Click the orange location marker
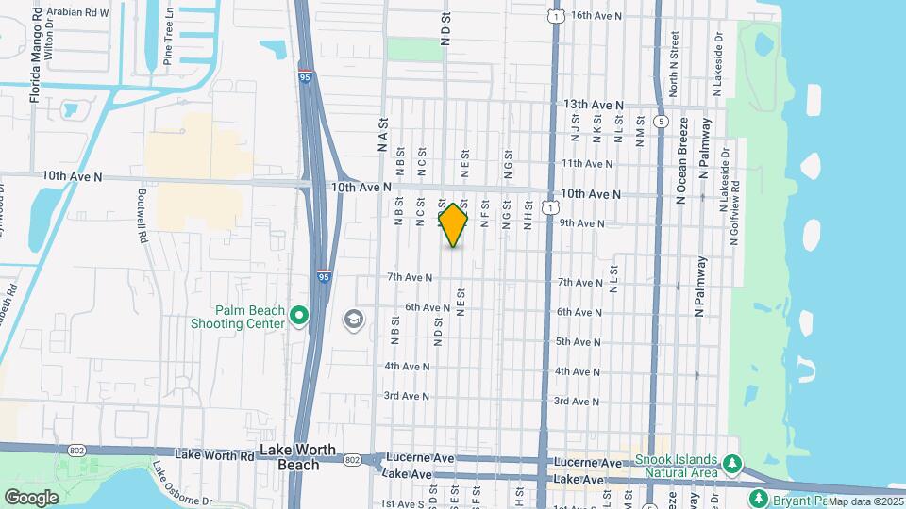click(453, 225)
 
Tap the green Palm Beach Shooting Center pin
click(299, 315)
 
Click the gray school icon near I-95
click(353, 320)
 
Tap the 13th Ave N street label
click(594, 105)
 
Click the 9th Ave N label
click(581, 222)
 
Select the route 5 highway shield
click(662, 122)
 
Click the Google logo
click(31, 497)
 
